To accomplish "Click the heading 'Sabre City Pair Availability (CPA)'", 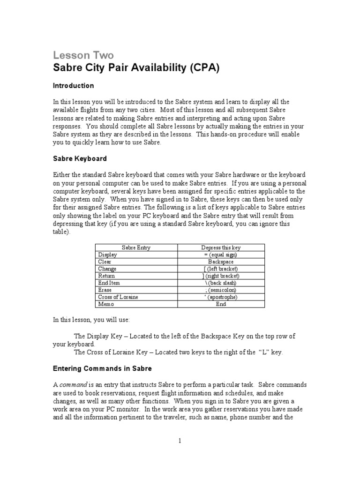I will pyautogui.click(x=135, y=69).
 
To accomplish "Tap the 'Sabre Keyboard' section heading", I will pyautogui.click(x=80, y=158).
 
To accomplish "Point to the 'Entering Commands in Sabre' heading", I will pyautogui.click(x=102, y=368).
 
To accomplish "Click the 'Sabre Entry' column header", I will pyautogui.click(x=136, y=247).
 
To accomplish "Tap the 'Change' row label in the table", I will pyautogui.click(x=107, y=269).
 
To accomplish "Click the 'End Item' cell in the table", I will pyautogui.click(x=110, y=283).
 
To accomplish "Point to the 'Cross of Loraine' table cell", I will pyautogui.click(x=118, y=297).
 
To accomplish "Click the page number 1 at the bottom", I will pyautogui.click(x=180, y=440).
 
